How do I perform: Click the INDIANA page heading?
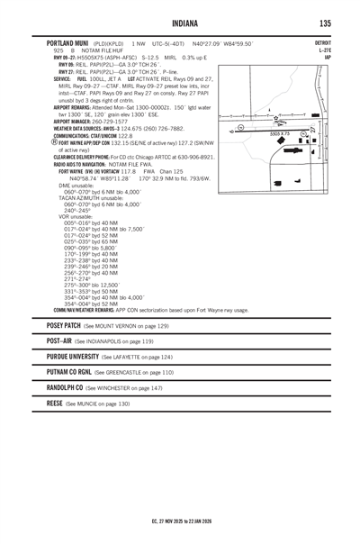(180, 23)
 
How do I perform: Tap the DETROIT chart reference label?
(322, 42)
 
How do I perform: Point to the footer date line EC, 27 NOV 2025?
(180, 520)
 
